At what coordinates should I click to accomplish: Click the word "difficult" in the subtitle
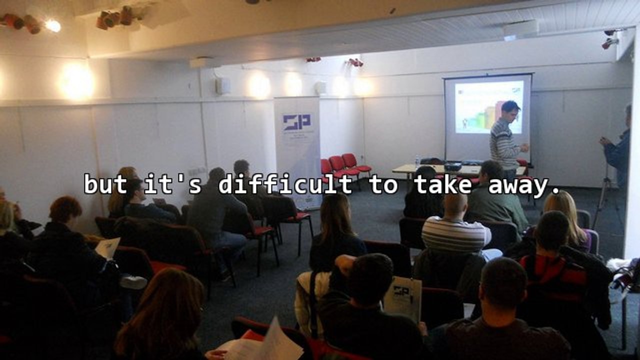click(285, 184)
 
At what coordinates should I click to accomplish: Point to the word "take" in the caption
click(442, 184)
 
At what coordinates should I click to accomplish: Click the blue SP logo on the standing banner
click(296, 121)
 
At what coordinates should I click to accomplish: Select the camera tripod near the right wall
click(605, 200)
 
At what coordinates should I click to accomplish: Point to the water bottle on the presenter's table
click(417, 161)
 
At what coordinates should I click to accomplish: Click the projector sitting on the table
click(452, 166)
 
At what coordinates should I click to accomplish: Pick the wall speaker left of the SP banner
click(222, 86)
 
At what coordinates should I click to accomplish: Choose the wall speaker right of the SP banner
click(320, 88)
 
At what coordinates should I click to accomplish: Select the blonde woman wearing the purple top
click(567, 220)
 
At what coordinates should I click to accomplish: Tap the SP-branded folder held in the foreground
click(403, 298)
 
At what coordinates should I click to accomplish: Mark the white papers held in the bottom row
click(265, 342)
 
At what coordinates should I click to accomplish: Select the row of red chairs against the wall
click(345, 166)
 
